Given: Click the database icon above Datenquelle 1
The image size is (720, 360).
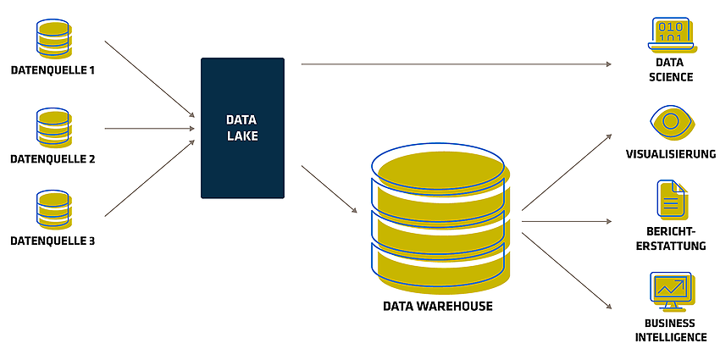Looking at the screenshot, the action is [x=53, y=38].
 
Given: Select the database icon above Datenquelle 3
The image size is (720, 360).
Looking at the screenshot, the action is [x=53, y=209].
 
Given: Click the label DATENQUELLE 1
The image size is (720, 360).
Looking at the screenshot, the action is [x=53, y=70].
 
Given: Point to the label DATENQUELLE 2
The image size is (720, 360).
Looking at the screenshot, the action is [x=53, y=159].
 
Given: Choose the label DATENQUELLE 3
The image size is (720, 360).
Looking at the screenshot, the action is [x=53, y=241].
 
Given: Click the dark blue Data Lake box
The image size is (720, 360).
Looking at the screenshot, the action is [x=242, y=128].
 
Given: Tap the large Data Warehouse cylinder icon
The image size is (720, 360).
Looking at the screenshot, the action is [x=440, y=218].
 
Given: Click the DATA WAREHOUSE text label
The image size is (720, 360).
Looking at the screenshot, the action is [x=438, y=306].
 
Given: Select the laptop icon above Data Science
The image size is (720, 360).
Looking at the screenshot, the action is [x=673, y=34].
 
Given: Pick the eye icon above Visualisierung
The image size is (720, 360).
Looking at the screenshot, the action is [x=673, y=122].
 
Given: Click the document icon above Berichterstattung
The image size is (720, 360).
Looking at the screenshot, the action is [x=672, y=198].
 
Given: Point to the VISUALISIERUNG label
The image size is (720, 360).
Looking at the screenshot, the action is [x=670, y=154].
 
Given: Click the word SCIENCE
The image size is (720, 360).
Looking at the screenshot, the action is [x=671, y=77].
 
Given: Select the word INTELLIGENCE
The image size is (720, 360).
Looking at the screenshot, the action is [x=670, y=336].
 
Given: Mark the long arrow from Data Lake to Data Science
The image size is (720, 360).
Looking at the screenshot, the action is [x=457, y=64].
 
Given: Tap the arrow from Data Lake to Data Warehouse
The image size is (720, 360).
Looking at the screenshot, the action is [x=330, y=189].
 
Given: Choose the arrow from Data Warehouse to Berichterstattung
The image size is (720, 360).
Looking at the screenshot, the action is [x=567, y=221].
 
